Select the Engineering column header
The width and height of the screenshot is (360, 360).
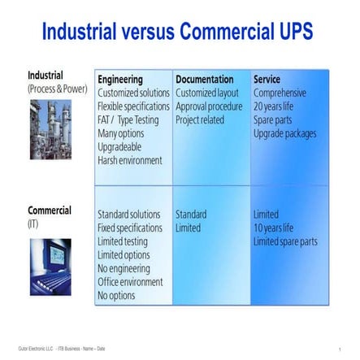coord(119,80)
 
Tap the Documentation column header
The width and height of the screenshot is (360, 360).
coord(204,80)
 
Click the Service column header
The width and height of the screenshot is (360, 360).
coord(267,80)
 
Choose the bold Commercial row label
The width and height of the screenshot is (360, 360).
coord(50,210)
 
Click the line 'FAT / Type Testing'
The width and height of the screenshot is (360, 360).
coord(128,120)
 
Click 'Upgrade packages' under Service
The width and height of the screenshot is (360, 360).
coord(284,133)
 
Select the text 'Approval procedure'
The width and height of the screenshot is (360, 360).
coord(208,106)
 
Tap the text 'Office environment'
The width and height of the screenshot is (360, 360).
coord(129,282)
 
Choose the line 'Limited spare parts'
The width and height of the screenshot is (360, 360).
coord(284,241)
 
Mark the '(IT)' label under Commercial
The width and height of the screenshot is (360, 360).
coord(33,223)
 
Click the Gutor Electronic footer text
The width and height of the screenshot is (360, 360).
coord(61,349)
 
